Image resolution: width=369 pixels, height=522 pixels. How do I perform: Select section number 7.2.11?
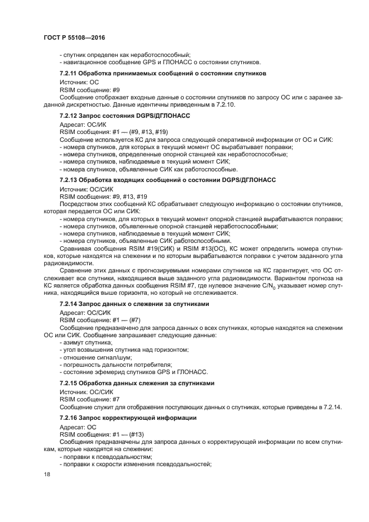tap(69, 74)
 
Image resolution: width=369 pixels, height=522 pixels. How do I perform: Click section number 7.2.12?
tap(69, 116)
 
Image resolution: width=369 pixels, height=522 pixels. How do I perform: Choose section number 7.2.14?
tap(69, 303)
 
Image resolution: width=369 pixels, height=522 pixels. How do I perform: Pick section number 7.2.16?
tap(69, 418)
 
